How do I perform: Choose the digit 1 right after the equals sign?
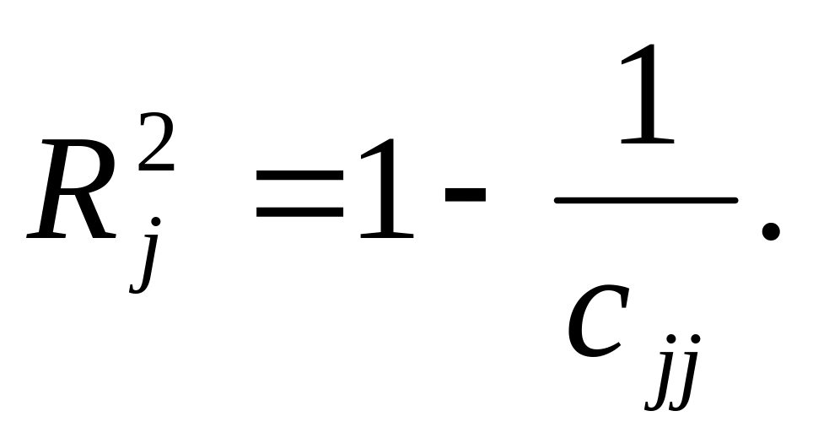[385, 187]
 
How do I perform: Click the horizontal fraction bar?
[645, 200]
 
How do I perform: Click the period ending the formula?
[767, 230]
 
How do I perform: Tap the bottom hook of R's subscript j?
[135, 288]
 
